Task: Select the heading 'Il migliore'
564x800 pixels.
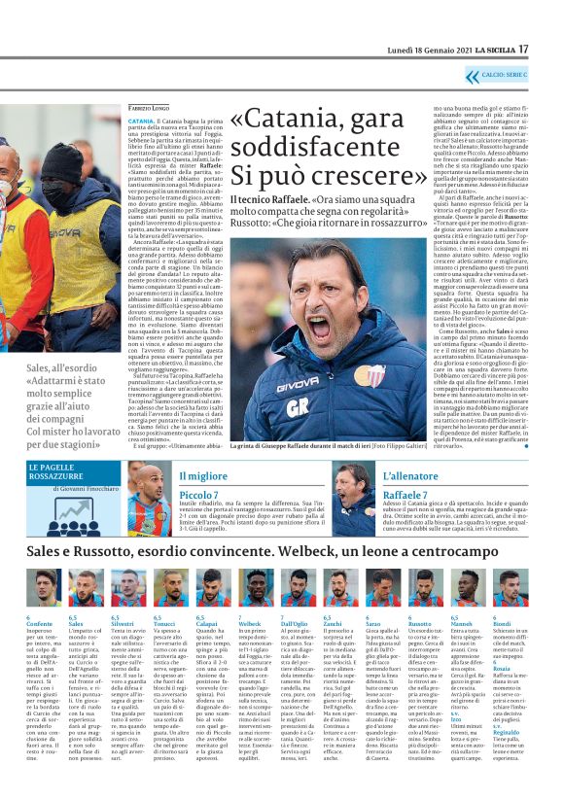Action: pos(202,475)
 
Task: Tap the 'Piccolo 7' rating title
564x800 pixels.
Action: pos(199,496)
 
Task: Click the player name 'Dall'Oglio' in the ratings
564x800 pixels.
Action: pos(294,623)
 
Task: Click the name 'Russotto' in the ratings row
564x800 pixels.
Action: pos(421,623)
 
